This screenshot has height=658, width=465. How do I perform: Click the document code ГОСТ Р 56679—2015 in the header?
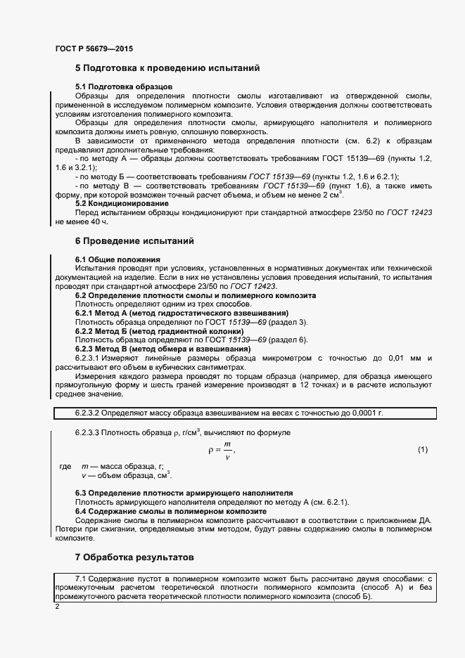click(94, 49)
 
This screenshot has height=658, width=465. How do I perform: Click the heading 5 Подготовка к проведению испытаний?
click(167, 68)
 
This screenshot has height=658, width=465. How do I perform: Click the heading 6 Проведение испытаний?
click(134, 241)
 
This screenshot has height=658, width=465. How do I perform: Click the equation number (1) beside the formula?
click(423, 449)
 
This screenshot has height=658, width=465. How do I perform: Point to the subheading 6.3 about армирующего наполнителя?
click(184, 493)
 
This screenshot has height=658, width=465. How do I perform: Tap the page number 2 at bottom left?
click(57, 606)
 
